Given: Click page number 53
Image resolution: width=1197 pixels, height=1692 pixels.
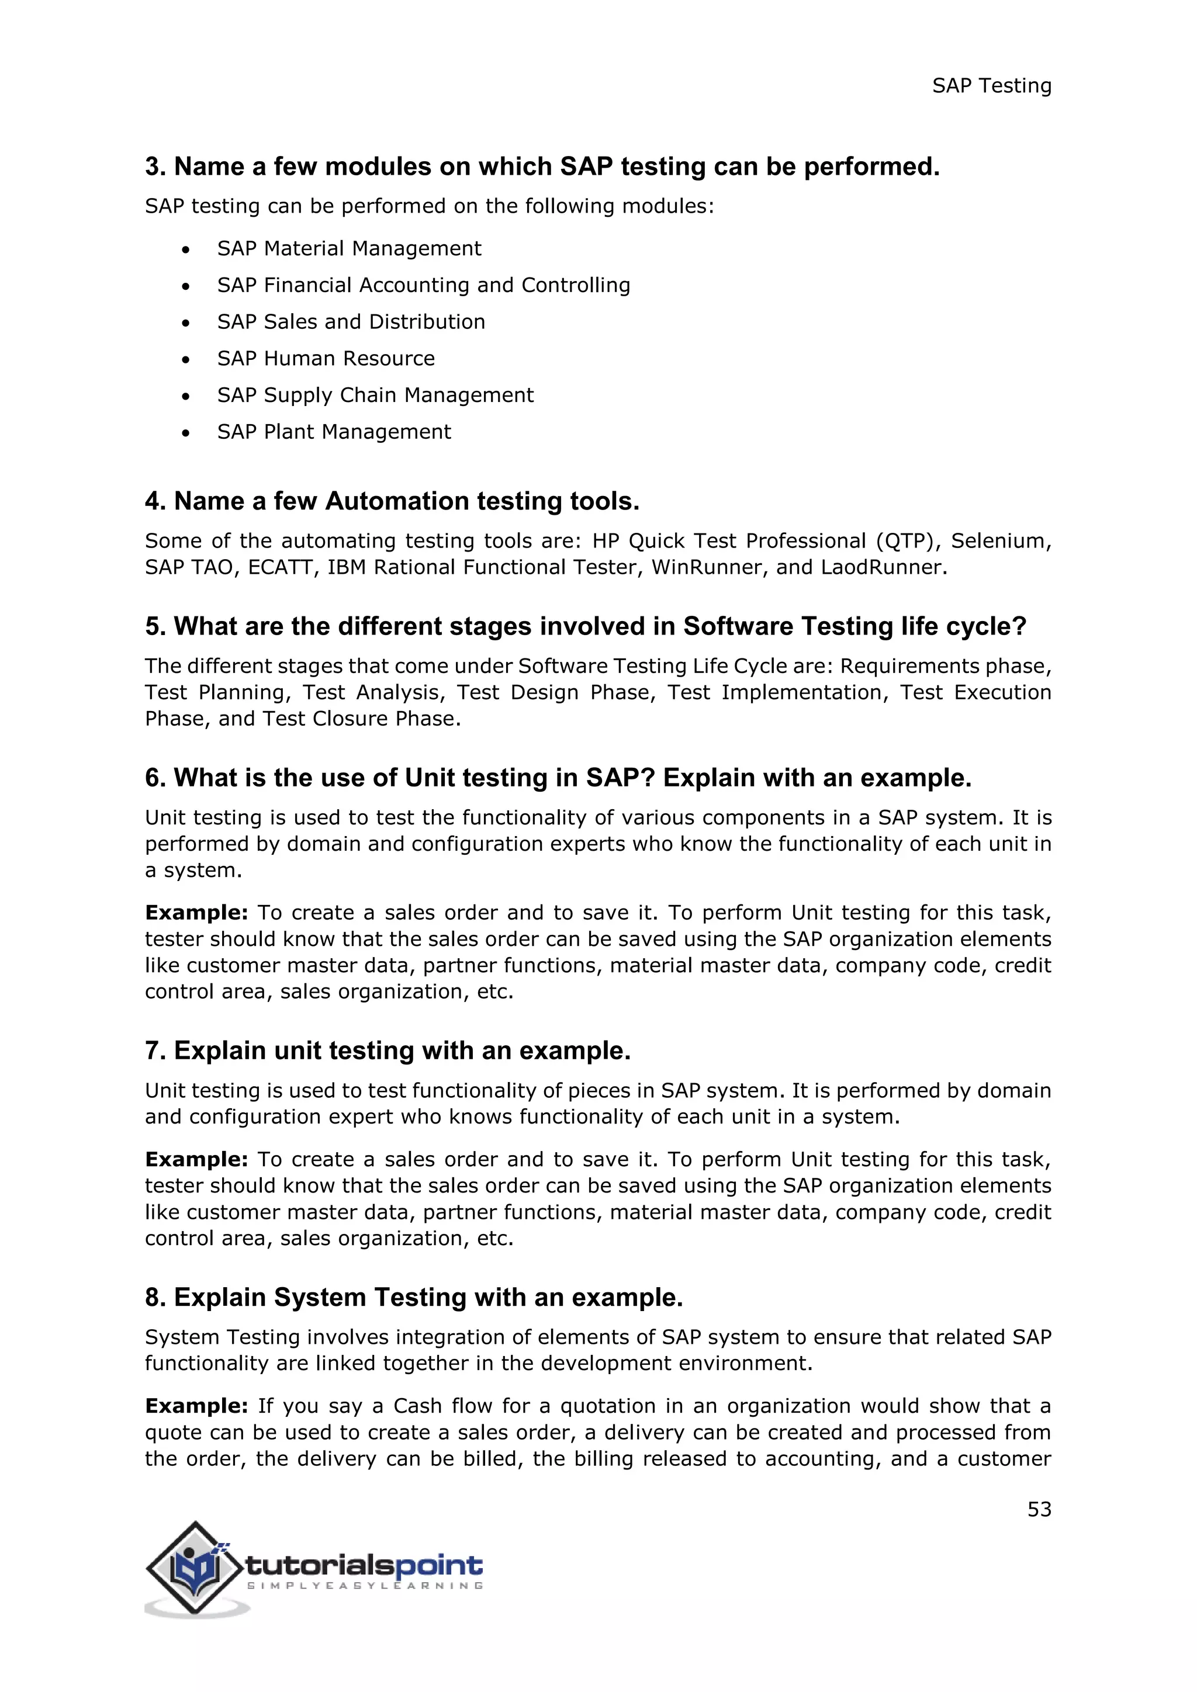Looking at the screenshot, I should tap(1039, 1509).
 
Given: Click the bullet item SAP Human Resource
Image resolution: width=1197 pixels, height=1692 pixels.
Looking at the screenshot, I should tap(326, 359).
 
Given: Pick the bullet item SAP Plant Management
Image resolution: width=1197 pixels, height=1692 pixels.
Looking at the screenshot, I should tap(334, 432).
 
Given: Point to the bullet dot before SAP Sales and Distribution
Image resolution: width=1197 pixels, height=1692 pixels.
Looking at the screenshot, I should tap(186, 323).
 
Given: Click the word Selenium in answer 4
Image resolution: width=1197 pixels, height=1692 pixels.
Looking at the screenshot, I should tap(998, 541).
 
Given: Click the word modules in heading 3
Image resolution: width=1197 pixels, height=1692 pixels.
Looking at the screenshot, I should tap(378, 167).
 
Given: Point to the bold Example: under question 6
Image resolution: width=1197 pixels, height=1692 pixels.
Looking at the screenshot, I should tap(196, 913).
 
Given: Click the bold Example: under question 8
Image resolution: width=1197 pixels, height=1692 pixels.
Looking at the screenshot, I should tap(196, 1406).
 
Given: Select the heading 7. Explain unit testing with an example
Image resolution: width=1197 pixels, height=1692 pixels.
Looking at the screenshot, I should tap(388, 1051).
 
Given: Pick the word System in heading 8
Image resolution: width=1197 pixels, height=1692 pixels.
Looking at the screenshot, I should tap(319, 1298).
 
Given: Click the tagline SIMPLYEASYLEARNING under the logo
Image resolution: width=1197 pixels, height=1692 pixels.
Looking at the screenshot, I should tap(365, 1585).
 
